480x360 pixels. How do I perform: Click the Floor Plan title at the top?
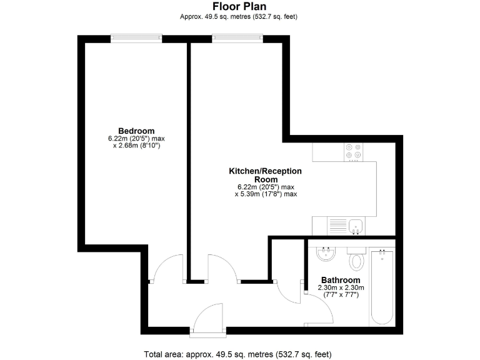point(239,6)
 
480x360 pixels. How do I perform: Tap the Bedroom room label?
point(136,131)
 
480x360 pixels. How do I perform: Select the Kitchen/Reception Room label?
point(265,175)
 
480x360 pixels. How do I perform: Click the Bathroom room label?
point(341,280)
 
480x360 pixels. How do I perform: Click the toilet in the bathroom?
point(357,259)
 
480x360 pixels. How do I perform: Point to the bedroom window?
point(136,37)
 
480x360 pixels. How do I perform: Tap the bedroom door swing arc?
point(167,267)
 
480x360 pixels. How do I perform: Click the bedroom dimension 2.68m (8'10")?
point(136,146)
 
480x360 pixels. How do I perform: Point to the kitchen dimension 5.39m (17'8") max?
point(265,194)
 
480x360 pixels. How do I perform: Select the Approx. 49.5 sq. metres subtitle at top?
point(239,16)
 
